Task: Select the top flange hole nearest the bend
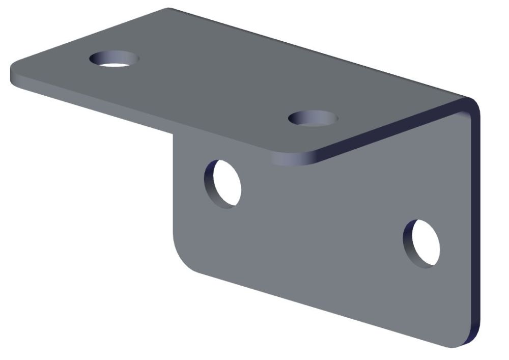coord(313,119)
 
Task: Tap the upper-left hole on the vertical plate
coord(223,183)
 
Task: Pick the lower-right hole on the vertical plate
coord(422,243)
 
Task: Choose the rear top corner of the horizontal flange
coord(171,10)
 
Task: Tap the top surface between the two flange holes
coord(214,87)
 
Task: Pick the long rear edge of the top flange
coord(316,51)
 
